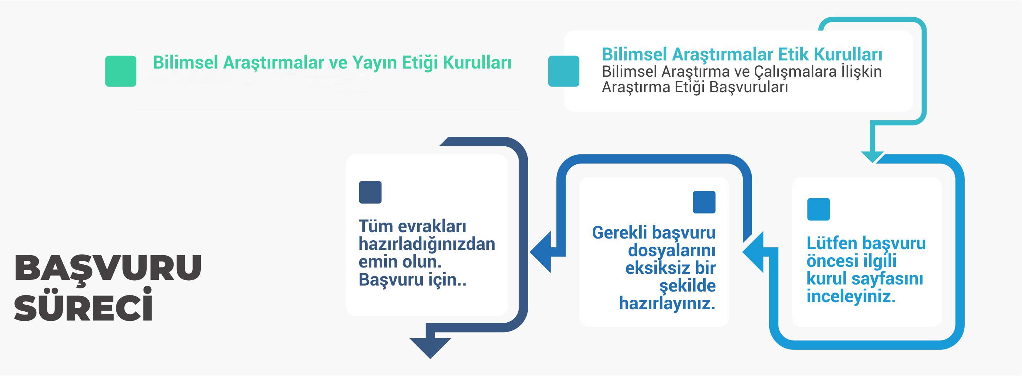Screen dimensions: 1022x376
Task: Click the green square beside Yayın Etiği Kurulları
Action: coord(121,71)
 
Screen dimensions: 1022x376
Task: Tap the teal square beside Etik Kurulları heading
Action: coord(563,71)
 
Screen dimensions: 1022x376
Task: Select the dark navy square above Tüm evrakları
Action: coord(370,192)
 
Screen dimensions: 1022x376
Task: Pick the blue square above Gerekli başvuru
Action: coord(704,202)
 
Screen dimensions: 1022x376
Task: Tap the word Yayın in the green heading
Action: coord(374,63)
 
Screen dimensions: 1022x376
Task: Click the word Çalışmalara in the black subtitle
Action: coord(795,72)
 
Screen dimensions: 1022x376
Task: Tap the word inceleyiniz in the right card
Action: coord(851,296)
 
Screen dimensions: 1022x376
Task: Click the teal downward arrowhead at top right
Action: coord(872,157)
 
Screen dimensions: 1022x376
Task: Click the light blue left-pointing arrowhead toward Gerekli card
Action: coord(753,252)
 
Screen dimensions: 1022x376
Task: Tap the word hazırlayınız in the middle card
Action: coord(667,304)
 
